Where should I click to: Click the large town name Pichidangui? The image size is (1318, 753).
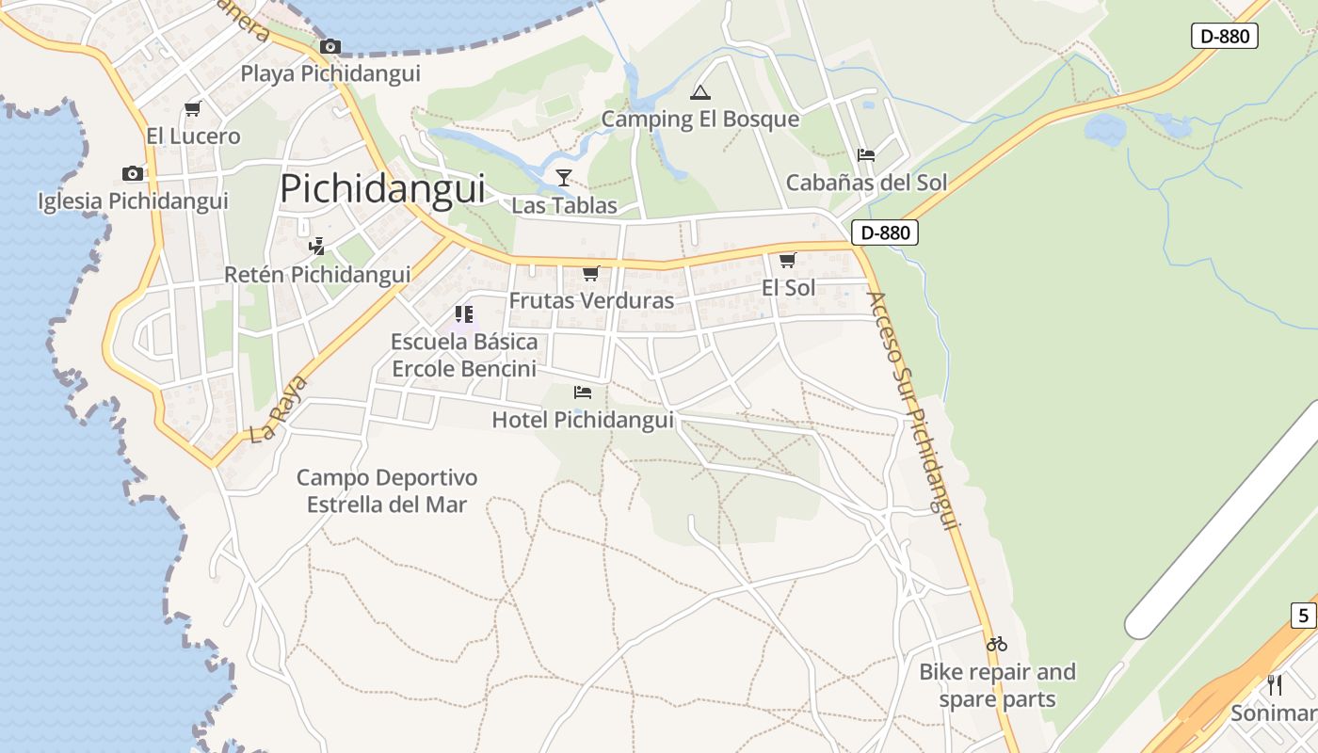(382, 188)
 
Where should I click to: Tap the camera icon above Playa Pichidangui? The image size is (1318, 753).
(329, 46)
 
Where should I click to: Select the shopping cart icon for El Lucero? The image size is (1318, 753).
(193, 108)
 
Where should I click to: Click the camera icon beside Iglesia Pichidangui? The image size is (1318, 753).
(133, 173)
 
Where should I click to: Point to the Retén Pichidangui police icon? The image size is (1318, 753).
(317, 247)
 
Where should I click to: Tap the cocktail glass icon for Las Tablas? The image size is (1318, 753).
(563, 177)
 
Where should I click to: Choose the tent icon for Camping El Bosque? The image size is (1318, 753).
(699, 92)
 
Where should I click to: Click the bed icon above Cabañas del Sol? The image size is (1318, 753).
(866, 154)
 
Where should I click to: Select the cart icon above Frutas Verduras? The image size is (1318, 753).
(590, 273)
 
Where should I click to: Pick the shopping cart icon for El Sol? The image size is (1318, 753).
(787, 260)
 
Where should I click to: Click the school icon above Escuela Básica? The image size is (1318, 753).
(463, 313)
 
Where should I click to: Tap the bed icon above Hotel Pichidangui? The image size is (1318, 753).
(583, 392)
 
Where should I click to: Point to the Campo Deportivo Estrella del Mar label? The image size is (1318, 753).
(387, 491)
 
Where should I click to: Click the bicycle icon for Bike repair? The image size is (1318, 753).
(997, 644)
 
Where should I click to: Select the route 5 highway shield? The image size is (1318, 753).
(1303, 617)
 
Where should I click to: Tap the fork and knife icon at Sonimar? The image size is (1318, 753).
(1275, 684)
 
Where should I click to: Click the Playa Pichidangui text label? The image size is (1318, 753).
(330, 73)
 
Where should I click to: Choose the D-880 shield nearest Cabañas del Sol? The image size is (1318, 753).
(884, 232)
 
